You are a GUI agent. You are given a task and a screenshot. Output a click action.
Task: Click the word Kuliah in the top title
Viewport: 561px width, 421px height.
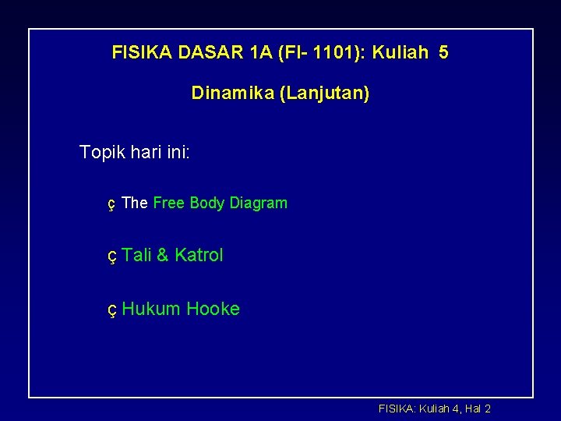400,53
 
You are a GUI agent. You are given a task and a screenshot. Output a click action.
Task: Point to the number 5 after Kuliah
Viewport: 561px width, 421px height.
443,53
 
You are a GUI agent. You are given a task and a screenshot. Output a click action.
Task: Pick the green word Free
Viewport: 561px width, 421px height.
168,203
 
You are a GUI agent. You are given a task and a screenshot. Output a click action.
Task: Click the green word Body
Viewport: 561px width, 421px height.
206,203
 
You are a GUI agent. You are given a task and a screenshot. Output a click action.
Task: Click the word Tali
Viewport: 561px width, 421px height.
136,255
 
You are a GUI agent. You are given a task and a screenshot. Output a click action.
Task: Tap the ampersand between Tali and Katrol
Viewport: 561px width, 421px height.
162,255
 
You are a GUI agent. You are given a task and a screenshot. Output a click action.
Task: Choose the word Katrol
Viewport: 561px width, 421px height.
199,255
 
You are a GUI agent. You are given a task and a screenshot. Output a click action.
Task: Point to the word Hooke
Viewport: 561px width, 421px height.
213,309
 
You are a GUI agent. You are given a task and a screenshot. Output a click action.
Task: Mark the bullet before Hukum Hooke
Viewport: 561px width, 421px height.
111,310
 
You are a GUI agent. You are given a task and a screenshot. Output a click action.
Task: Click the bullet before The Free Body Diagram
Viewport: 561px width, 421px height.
111,204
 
